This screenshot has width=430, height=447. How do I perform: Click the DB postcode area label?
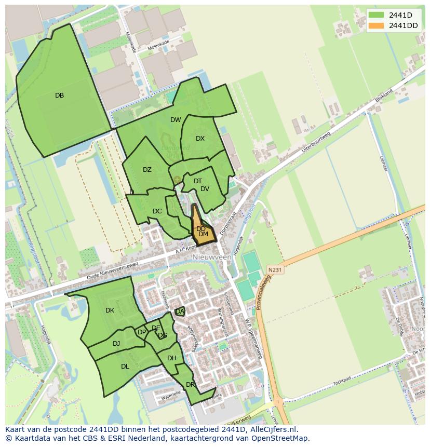(x=59, y=96)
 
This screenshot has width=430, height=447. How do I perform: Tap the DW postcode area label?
(x=176, y=120)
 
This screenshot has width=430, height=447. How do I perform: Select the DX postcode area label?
(x=200, y=139)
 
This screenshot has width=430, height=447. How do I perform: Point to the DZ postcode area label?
(x=147, y=170)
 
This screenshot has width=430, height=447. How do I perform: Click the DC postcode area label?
(x=157, y=211)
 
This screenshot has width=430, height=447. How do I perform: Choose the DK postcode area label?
(x=110, y=310)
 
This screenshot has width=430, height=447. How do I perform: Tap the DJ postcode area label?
(x=116, y=343)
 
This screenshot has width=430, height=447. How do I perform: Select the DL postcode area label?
(x=125, y=367)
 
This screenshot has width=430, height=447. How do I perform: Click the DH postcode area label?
(x=172, y=358)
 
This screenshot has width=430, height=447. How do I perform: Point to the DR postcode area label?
(x=190, y=385)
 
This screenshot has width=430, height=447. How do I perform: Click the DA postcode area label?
(x=180, y=311)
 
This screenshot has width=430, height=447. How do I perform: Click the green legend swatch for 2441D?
(x=377, y=15)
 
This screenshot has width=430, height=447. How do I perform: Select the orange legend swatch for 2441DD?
(x=377, y=25)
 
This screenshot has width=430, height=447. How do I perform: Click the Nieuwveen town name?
(x=211, y=257)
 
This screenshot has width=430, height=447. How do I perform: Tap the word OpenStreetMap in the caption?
(x=281, y=438)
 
